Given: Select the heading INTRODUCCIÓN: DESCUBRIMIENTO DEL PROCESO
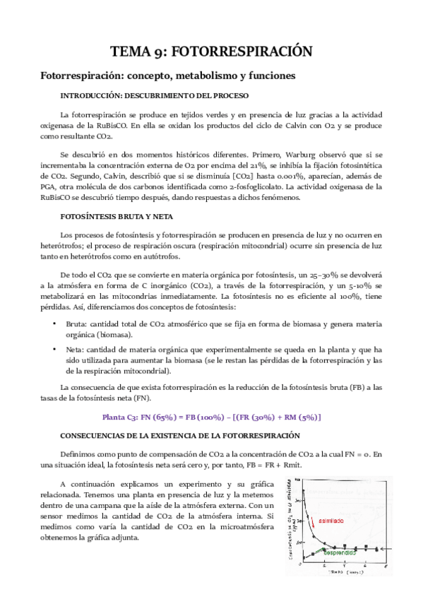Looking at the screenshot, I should pyautogui.click(x=164, y=95).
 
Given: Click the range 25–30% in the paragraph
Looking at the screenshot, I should pyautogui.click(x=316, y=273).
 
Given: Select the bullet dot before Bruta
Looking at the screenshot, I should pyautogui.click(x=54, y=323).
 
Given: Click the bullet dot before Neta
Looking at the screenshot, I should pyautogui.click(x=54, y=349).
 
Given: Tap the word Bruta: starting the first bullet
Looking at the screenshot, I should pyautogui.click(x=76, y=323).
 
